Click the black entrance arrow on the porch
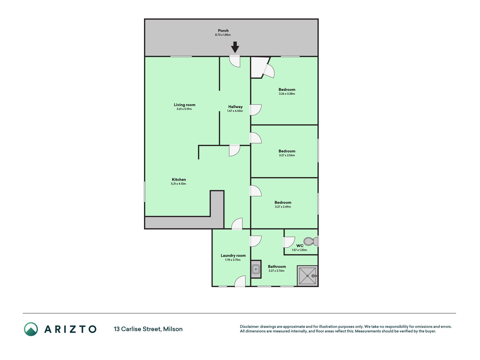coord(235,47)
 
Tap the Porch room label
coord(223,31)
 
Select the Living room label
coord(184,105)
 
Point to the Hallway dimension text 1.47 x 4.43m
coord(235,111)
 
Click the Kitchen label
coord(179,180)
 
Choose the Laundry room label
coord(233,256)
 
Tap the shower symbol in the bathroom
coord(308,276)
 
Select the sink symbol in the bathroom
coord(256,269)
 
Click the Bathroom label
coord(277,267)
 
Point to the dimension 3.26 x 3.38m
coord(287,94)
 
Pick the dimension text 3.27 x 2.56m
coord(287,155)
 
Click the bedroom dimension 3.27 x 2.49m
coord(283,207)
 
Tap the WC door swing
coord(289,242)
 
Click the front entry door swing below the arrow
coord(235,61)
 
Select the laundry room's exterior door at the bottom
coord(240,282)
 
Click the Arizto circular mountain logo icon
coord(31,329)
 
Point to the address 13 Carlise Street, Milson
coord(148,329)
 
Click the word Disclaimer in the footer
coord(249,327)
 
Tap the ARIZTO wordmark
coord(70,329)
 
